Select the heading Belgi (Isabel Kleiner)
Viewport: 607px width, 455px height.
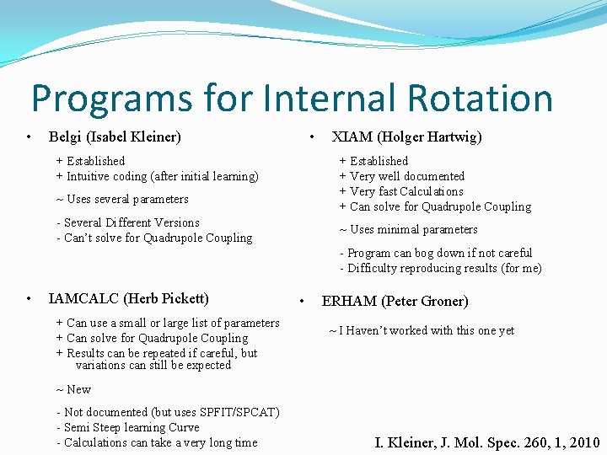pos(115,136)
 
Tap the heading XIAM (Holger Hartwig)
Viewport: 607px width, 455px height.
pos(406,136)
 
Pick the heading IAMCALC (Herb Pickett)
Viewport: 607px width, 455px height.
pos(129,298)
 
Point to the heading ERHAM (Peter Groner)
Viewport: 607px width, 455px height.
pos(395,301)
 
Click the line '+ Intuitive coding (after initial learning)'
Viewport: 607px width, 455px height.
pos(157,176)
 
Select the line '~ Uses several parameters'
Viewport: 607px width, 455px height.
pos(122,199)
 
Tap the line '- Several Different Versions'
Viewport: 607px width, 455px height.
pos(127,222)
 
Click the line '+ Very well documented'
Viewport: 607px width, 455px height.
pos(401,176)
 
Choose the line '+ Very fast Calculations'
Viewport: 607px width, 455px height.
pos(400,191)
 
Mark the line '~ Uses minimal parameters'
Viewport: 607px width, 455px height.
pos(408,229)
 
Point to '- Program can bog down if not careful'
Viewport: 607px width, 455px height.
pos(435,253)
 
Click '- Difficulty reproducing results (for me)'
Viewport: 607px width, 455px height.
pos(440,268)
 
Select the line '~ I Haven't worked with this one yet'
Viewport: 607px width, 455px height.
pos(421,330)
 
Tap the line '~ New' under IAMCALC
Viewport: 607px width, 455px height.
pos(73,389)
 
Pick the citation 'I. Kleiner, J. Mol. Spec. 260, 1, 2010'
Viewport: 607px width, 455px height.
pos(487,442)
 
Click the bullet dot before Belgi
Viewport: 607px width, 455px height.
pos(29,136)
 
